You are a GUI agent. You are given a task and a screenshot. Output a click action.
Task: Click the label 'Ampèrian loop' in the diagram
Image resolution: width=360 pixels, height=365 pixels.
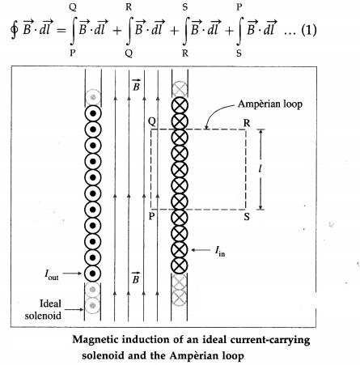coord(270,104)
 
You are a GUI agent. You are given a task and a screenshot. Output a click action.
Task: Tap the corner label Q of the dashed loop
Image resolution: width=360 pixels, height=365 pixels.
coord(152,122)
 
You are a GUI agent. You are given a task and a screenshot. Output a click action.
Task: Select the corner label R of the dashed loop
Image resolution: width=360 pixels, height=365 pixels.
coord(247,123)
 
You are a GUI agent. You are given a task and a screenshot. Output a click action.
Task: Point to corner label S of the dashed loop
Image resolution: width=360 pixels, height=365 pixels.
coord(247,217)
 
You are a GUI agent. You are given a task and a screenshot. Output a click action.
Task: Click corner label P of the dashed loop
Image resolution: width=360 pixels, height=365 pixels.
coord(151,216)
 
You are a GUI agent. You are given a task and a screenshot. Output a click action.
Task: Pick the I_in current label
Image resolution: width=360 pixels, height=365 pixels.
coord(220,252)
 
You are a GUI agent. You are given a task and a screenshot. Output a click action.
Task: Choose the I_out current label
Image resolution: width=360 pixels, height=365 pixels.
coord(52,274)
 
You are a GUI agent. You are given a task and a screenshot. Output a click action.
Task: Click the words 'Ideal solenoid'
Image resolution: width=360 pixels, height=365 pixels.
coord(43,309)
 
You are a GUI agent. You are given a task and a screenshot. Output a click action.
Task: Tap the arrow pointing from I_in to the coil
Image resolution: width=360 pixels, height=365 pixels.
coord(201,250)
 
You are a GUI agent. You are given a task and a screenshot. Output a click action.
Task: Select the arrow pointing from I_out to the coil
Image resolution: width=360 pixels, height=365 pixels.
coord(72,274)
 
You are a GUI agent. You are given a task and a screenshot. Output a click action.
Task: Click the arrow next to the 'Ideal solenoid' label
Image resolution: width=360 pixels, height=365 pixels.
coord(74,309)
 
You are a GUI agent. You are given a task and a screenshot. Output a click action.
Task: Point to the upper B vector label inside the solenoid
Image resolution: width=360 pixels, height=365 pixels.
coord(136,85)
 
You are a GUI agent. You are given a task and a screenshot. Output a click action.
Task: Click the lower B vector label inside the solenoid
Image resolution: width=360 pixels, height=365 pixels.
coord(136,278)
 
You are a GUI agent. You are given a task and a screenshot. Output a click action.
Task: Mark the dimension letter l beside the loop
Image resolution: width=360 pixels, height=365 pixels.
coord(260,169)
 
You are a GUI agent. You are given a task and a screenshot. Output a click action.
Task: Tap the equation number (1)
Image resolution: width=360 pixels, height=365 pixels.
coord(309,30)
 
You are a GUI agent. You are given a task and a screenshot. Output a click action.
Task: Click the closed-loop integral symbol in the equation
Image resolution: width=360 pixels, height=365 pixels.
coord(14,30)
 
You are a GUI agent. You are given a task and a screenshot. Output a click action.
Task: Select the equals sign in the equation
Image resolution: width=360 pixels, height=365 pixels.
coord(61,31)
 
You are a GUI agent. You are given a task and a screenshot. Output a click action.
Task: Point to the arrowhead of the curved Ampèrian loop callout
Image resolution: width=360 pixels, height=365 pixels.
coord(206,127)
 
